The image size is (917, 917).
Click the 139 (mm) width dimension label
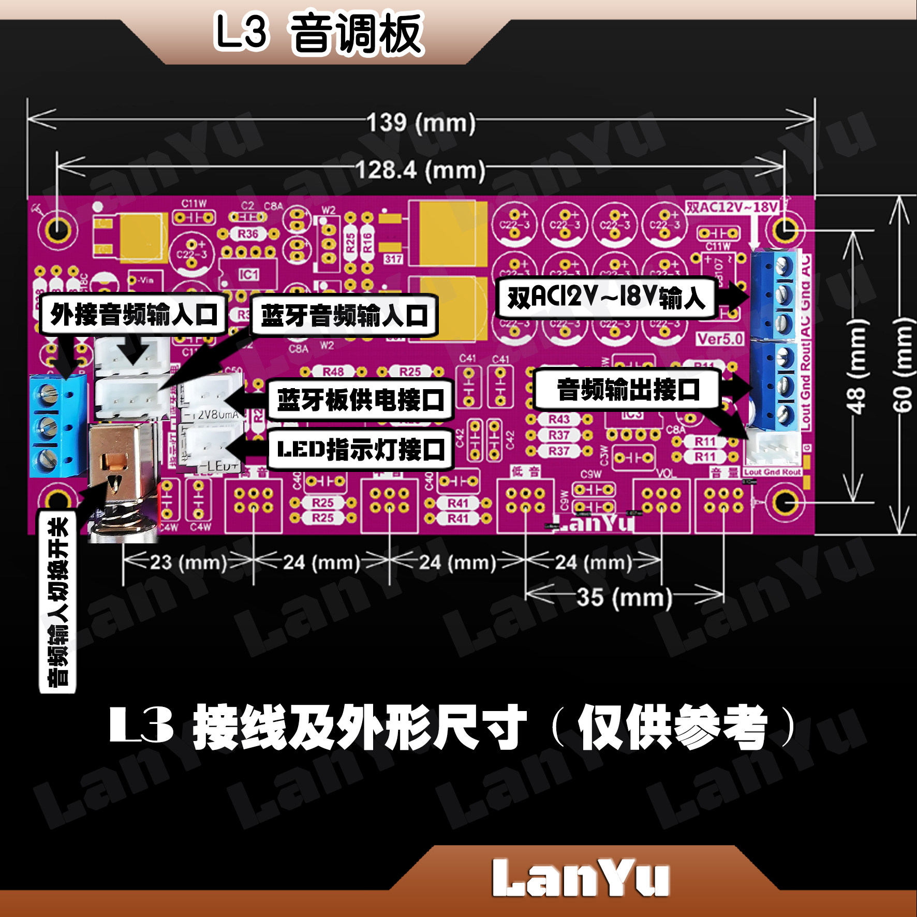421,123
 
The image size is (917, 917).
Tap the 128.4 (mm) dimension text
420,170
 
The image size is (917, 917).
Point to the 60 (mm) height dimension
903,365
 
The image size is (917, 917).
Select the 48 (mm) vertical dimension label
856,365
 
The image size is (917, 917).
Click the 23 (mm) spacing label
188,562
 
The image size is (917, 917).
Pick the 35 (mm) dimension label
624,597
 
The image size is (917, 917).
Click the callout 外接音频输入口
134,314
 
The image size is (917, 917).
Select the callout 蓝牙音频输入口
344,315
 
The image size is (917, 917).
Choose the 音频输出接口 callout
628,389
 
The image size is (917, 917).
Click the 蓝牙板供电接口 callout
361,400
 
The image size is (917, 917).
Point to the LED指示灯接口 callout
361,449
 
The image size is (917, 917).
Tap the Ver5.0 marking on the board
719,339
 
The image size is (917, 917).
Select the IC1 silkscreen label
249,274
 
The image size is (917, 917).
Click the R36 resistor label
248,234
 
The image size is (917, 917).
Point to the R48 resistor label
333,372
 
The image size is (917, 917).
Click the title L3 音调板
319,34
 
